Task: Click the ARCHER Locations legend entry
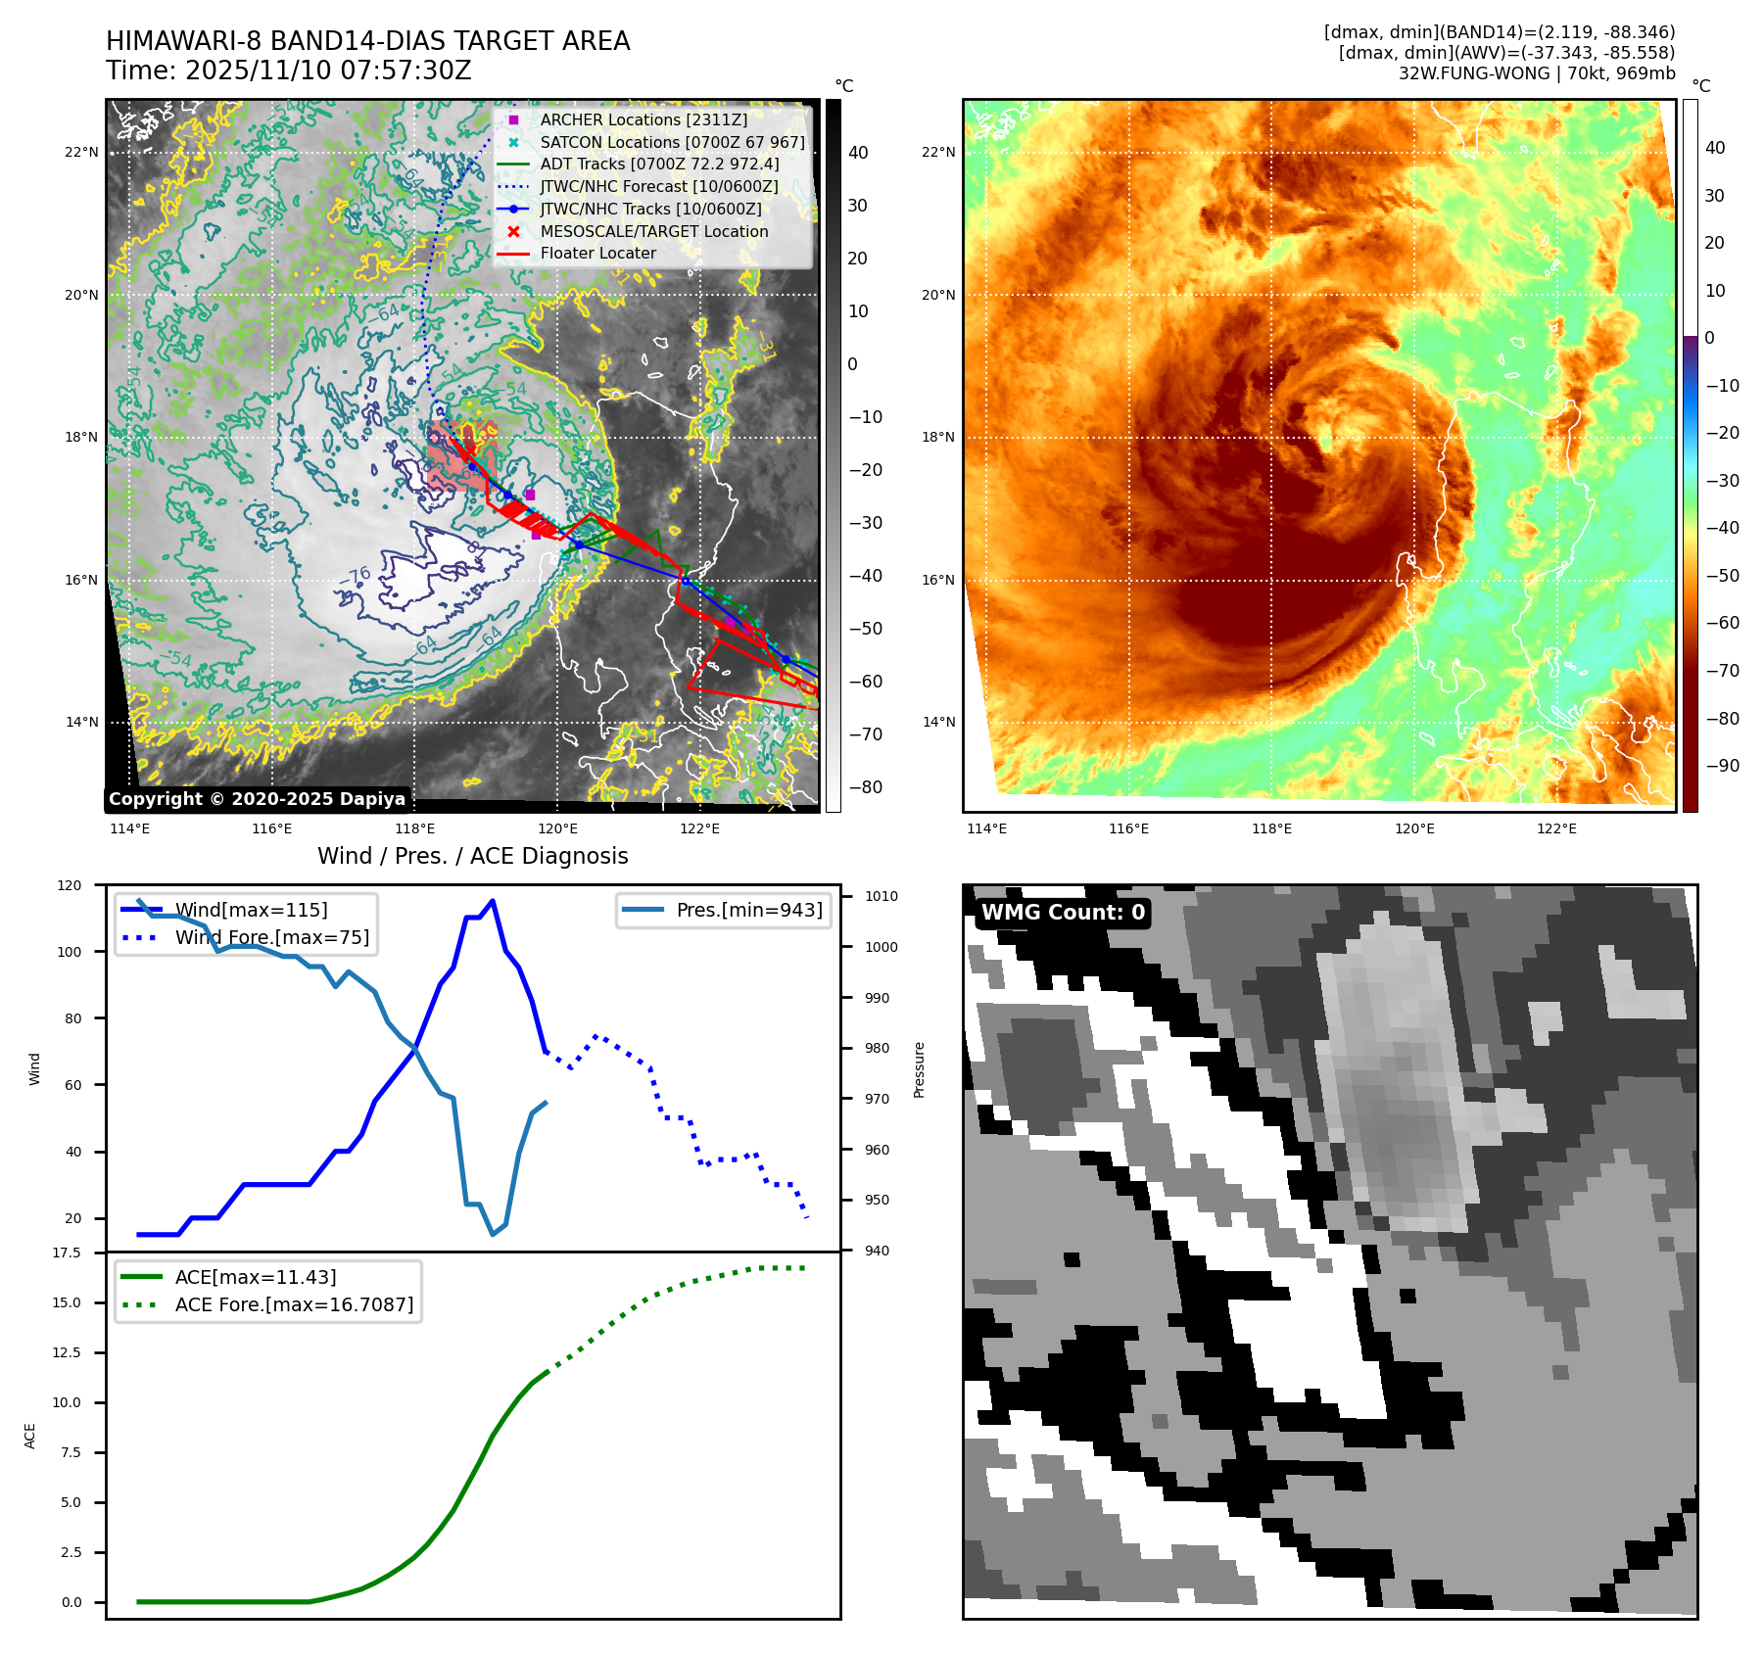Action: (643, 119)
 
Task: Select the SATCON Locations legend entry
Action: (672, 142)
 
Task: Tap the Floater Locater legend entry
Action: (597, 253)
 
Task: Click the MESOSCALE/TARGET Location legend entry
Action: (653, 231)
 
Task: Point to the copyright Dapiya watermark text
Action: (257, 799)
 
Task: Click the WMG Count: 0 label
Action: (1063, 913)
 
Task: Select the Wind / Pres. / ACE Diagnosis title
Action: (472, 856)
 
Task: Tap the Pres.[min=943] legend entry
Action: (748, 910)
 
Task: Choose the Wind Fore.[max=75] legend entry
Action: (271, 937)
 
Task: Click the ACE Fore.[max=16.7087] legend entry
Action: (294, 1304)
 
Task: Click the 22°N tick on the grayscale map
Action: (82, 153)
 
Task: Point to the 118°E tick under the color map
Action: (1271, 828)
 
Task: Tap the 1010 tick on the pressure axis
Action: (882, 896)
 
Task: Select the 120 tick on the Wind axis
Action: (70, 885)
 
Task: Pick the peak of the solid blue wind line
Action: (492, 901)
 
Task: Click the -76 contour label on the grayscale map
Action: (357, 576)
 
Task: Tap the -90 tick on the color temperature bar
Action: (1722, 766)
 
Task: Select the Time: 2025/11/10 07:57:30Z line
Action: (288, 71)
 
